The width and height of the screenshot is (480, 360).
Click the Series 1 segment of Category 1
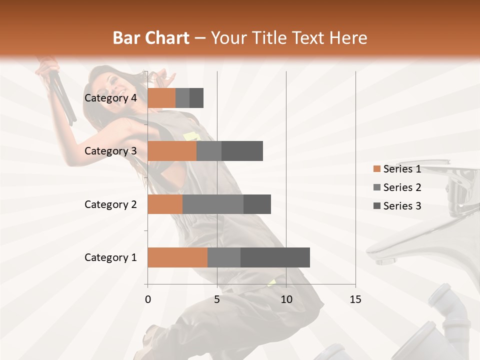(177, 257)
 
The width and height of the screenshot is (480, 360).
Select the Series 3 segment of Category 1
(275, 257)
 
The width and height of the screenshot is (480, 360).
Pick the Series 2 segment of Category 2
(213, 204)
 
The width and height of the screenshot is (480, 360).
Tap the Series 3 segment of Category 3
(242, 151)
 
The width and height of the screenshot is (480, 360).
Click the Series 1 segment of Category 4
(161, 98)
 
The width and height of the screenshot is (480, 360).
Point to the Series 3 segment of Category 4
(196, 98)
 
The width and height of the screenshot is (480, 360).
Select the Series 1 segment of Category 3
(172, 151)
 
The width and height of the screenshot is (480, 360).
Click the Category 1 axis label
(110, 257)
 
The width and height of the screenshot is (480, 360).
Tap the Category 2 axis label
(110, 204)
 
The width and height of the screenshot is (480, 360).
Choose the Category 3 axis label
(110, 151)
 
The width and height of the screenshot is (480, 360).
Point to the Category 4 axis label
(110, 98)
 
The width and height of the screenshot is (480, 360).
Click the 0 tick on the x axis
(148, 299)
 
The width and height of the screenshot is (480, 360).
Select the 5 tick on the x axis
(217, 299)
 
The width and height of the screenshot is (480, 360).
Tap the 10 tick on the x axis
(286, 299)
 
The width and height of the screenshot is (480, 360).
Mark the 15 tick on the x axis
(355, 299)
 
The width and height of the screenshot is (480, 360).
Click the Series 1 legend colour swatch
(376, 169)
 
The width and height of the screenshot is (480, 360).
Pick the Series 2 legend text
(402, 187)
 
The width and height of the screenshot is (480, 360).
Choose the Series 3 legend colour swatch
(376, 206)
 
